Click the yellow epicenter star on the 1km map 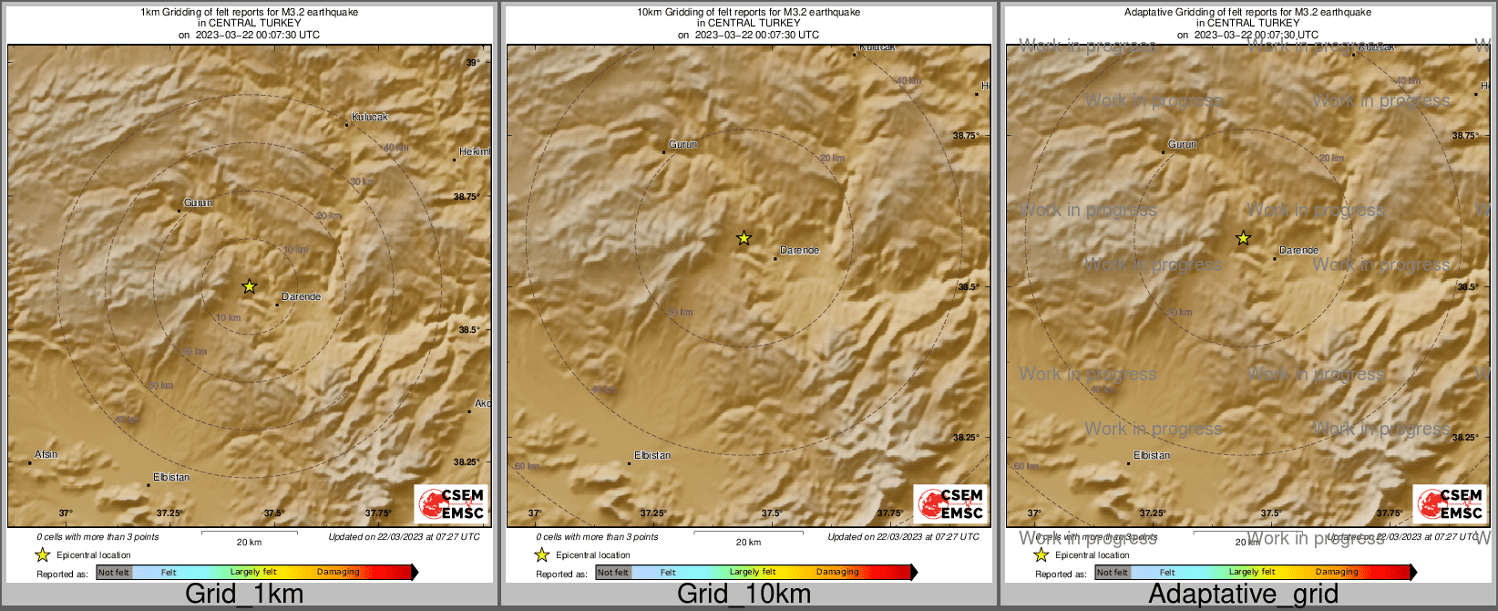coord(249,286)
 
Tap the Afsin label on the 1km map coord(46,454)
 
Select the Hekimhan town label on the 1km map coord(474,151)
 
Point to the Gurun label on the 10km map coord(682,144)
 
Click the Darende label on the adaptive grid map coord(1298,250)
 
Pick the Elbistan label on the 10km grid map coord(652,455)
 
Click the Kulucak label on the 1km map coord(370,117)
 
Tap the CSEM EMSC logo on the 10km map coord(950,503)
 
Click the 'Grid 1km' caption coord(244,595)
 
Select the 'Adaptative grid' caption coord(1243,595)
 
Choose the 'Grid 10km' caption coord(744,595)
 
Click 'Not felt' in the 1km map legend coord(114,573)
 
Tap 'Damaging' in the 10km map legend coord(837,572)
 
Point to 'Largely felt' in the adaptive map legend coord(1252,572)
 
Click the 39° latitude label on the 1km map coord(472,63)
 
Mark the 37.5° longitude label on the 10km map coord(772,513)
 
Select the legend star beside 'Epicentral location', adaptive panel coord(1041,554)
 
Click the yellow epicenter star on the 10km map coord(744,238)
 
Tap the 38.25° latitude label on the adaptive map coord(1465,438)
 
